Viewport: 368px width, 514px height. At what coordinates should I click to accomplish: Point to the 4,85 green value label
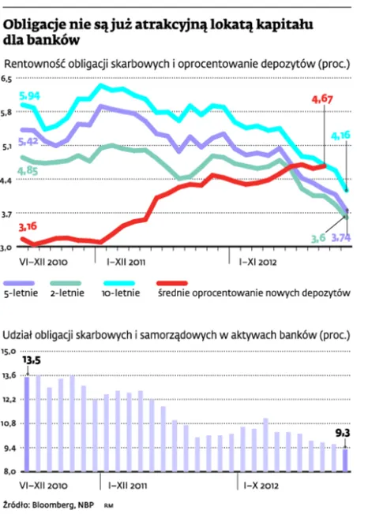[28, 169]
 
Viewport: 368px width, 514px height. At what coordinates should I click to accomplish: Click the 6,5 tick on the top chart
[7, 79]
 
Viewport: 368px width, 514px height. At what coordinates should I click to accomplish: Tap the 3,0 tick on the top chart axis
[7, 247]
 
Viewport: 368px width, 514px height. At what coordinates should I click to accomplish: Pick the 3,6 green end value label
[317, 238]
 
